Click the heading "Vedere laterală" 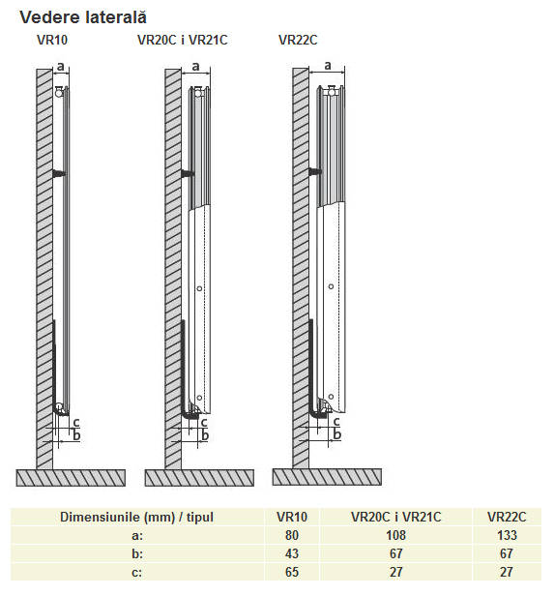tap(83, 17)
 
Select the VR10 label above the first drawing tap(52, 40)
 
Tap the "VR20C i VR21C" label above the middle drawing tap(183, 40)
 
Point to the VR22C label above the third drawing tap(298, 40)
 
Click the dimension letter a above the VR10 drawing tap(61, 67)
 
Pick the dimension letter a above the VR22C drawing tap(328, 66)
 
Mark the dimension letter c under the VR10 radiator tap(76, 422)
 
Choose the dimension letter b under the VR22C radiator tap(336, 433)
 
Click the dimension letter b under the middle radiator tap(205, 434)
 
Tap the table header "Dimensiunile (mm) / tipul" tap(136, 517)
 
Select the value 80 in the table tap(292, 535)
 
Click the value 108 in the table tap(395, 535)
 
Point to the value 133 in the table tap(507, 535)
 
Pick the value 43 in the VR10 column tap(292, 553)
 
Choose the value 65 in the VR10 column tap(292, 572)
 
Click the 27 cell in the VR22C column tap(507, 572)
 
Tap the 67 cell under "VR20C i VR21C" tap(395, 553)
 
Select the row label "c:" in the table tap(137, 572)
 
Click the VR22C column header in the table tap(507, 517)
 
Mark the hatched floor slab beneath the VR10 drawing tap(71, 478)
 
